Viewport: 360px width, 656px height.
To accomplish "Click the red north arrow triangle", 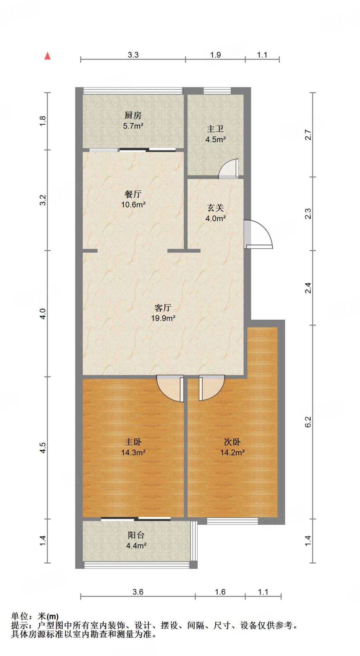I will click(x=47, y=56).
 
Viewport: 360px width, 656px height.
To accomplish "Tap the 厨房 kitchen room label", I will click(x=133, y=115).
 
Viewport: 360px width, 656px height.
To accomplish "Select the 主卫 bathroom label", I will click(x=215, y=129).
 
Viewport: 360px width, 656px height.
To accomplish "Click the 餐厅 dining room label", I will click(x=133, y=194).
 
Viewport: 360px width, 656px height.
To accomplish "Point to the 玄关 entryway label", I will click(x=215, y=208).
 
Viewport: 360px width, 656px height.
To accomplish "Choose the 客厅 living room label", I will click(x=163, y=308).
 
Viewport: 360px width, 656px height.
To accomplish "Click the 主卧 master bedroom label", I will click(x=133, y=442).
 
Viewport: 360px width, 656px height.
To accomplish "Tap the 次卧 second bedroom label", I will click(x=232, y=442).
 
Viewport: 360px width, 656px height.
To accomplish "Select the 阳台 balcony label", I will click(x=136, y=535).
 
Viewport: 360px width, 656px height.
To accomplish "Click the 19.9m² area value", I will click(x=163, y=318).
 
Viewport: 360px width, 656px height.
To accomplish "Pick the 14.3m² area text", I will click(x=133, y=453).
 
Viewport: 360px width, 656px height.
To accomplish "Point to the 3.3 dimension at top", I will click(x=133, y=55).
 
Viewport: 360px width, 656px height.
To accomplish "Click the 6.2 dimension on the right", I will click(x=308, y=422).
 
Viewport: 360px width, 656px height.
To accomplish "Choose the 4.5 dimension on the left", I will click(x=43, y=447).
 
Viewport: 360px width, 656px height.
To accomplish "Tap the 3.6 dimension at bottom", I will click(x=138, y=592).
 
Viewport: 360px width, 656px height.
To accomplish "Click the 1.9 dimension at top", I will click(x=215, y=55).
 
